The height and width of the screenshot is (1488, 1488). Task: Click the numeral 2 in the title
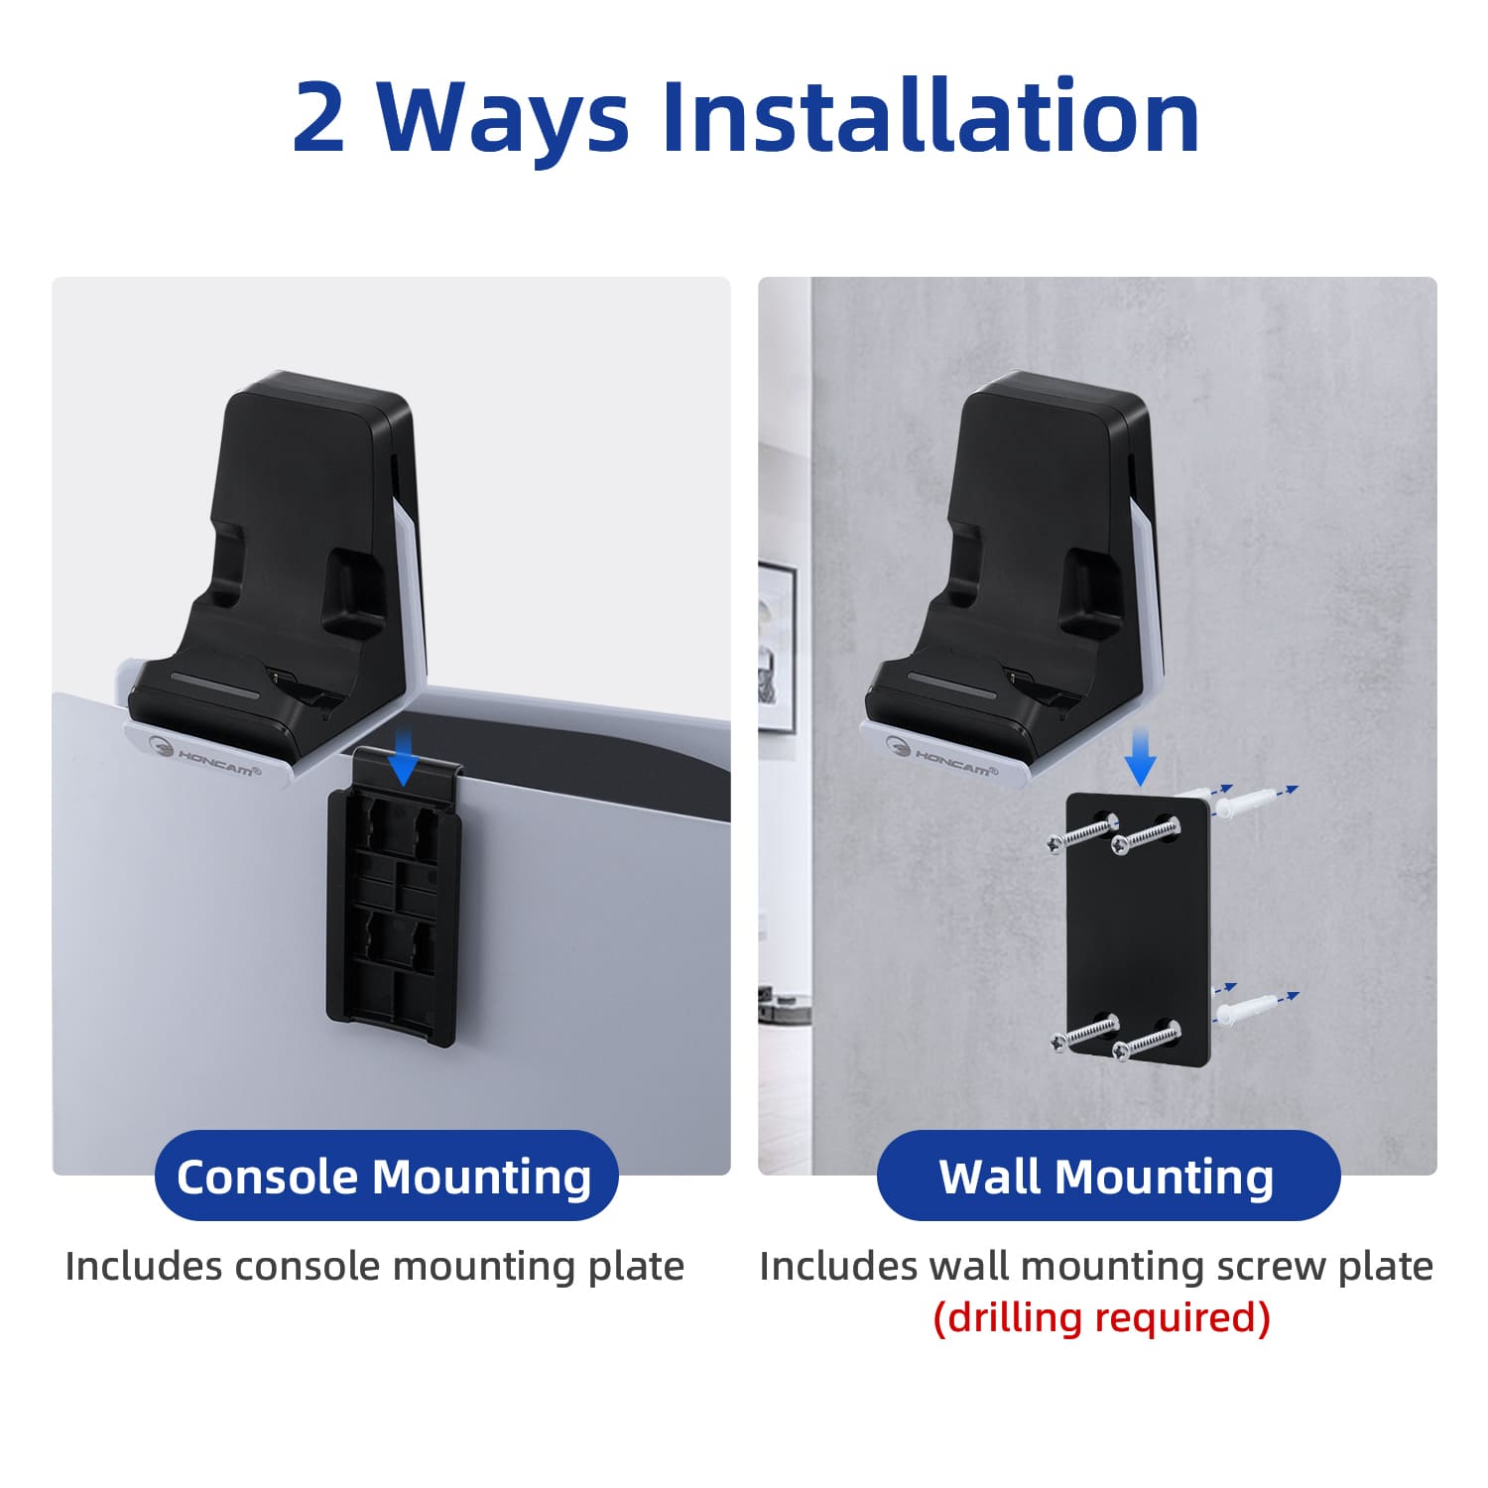[x=319, y=117]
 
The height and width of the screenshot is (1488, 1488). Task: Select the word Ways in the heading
[x=503, y=124]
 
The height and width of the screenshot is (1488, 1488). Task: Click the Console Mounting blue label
[x=386, y=1176]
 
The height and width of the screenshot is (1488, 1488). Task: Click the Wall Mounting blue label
[x=1108, y=1176]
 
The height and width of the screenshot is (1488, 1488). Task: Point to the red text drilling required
[x=1101, y=1317]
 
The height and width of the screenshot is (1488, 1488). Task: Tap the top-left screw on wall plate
[x=1082, y=834]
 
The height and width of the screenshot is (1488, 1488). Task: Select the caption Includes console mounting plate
[x=375, y=1266]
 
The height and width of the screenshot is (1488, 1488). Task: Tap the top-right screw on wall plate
[x=1146, y=836]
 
